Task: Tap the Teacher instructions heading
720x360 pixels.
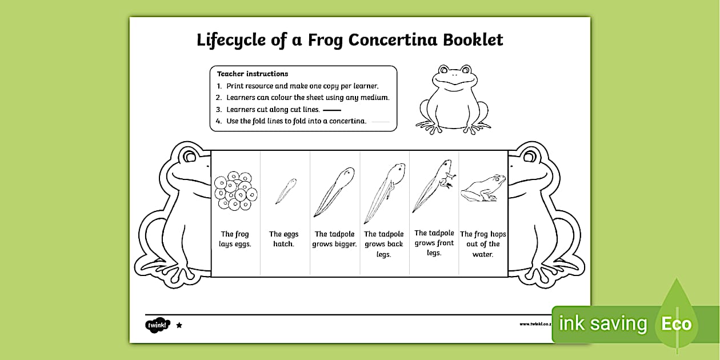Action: click(252, 74)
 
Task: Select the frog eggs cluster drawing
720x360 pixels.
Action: click(235, 190)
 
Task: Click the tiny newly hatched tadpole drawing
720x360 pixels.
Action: click(285, 190)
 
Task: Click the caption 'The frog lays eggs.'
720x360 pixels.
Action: click(235, 239)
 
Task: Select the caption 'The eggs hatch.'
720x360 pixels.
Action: click(284, 239)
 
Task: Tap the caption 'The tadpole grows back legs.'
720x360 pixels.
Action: click(383, 244)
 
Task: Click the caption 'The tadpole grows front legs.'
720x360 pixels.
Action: click(434, 243)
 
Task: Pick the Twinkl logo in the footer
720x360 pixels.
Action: click(157, 325)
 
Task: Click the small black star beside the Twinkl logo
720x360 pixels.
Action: click(179, 325)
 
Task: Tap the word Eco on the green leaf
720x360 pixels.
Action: click(676, 325)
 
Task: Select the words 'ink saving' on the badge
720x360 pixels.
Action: click(602, 324)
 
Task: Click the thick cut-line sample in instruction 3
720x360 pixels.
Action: click(331, 110)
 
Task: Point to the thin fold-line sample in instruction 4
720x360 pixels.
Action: click(380, 121)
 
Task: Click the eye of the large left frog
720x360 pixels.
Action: click(188, 156)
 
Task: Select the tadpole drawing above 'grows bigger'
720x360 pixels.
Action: click(334, 191)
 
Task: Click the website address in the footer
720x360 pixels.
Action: click(535, 324)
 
